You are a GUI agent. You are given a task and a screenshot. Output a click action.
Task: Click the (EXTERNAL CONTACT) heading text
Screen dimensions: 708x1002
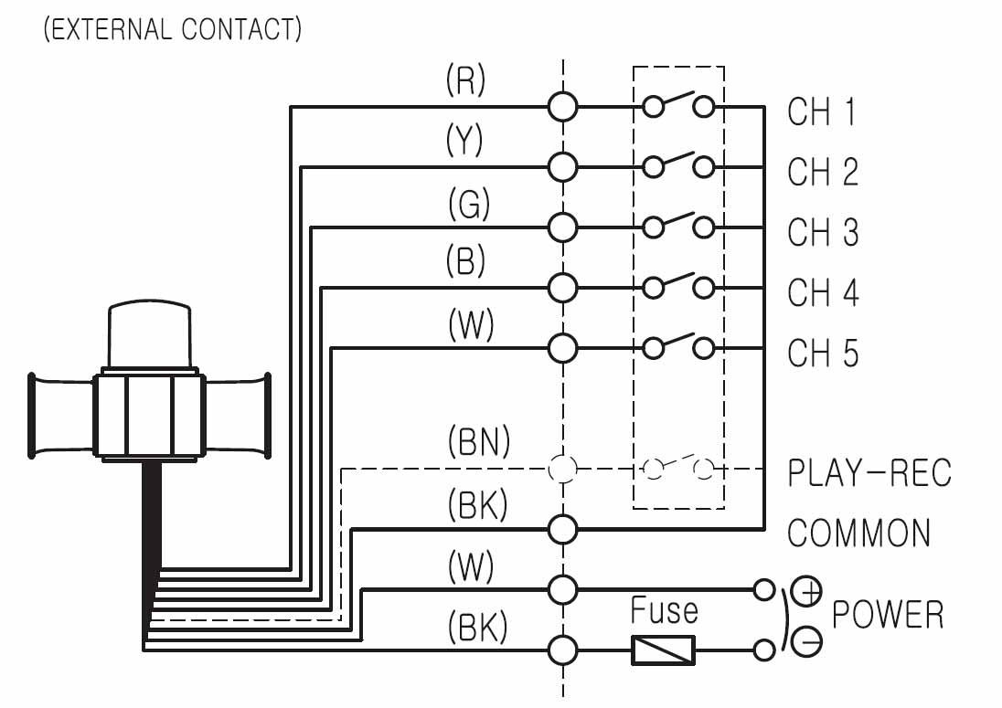coord(172,29)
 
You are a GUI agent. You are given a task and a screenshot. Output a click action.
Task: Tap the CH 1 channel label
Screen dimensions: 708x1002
coord(822,111)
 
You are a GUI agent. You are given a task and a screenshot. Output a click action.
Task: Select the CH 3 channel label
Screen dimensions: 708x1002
coord(823,232)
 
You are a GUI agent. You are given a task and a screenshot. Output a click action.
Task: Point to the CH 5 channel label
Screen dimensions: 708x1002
coord(823,353)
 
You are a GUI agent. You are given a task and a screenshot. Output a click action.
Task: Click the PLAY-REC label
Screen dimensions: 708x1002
coord(869,473)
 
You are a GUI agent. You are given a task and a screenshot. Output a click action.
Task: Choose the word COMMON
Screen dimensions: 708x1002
coord(858,533)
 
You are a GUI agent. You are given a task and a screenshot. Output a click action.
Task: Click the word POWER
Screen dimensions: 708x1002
coord(887,615)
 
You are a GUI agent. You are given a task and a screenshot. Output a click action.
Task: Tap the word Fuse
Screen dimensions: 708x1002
coord(664,610)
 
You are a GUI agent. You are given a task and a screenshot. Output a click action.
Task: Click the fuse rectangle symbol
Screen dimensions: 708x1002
coord(663,650)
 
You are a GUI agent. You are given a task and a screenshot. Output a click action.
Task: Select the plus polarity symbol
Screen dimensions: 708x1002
coord(807,593)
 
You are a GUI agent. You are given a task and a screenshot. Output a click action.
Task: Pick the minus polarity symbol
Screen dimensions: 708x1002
coord(808,642)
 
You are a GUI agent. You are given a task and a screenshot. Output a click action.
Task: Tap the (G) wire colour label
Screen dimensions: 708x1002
coord(469,205)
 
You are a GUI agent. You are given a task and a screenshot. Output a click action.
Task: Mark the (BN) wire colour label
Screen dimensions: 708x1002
coord(478,444)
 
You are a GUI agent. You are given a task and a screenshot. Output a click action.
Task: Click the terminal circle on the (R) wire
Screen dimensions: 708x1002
coord(563,107)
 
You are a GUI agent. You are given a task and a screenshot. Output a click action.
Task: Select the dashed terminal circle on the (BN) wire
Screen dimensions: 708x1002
coord(563,469)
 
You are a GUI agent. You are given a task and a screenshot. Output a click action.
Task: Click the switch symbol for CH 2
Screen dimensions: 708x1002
coord(677,165)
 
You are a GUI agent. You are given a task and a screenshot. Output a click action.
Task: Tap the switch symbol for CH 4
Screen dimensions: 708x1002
coord(677,286)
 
